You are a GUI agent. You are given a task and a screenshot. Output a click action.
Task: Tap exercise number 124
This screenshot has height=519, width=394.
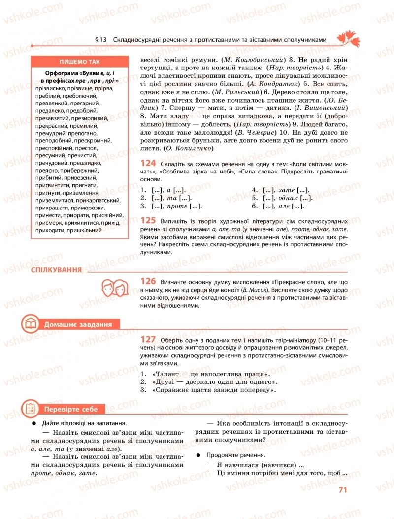(148, 163)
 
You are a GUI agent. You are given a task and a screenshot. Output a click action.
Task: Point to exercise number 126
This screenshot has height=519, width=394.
(148, 281)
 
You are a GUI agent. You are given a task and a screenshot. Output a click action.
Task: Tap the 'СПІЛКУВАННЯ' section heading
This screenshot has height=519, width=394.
(56, 270)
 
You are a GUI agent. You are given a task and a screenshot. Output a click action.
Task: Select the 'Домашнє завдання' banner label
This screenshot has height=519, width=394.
(78, 324)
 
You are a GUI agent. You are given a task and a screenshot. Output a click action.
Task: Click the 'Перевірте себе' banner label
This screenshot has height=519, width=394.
(71, 409)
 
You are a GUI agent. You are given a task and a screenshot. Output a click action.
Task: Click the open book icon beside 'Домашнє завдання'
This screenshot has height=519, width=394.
(31, 324)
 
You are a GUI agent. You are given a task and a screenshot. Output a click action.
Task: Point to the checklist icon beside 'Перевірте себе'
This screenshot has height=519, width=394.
(31, 409)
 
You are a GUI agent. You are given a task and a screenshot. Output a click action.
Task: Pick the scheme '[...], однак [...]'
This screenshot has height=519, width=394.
(281, 198)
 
